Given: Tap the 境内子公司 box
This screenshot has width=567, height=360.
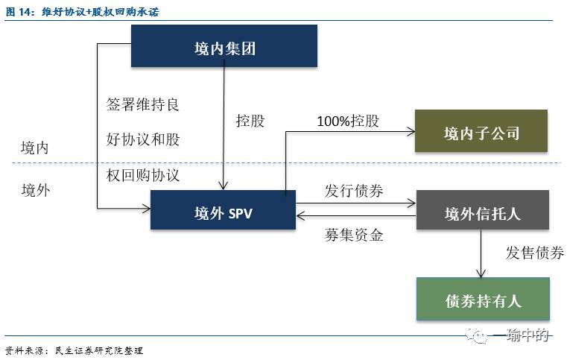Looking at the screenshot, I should click(481, 132).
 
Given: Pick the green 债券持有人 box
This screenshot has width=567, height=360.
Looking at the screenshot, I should click(483, 300).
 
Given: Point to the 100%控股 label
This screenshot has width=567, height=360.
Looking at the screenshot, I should click(347, 121).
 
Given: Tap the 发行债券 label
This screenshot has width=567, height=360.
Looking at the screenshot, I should click(354, 190).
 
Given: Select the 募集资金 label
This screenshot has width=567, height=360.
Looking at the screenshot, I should click(354, 236).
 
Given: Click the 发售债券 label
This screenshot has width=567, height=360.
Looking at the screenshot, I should click(534, 253).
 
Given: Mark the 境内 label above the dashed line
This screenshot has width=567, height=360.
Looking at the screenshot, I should click(34, 148).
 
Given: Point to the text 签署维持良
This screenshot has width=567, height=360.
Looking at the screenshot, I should click(143, 104).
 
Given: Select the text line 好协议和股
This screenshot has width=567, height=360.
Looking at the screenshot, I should click(143, 139).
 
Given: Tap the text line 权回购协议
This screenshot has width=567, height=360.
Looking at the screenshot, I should click(143, 175).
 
